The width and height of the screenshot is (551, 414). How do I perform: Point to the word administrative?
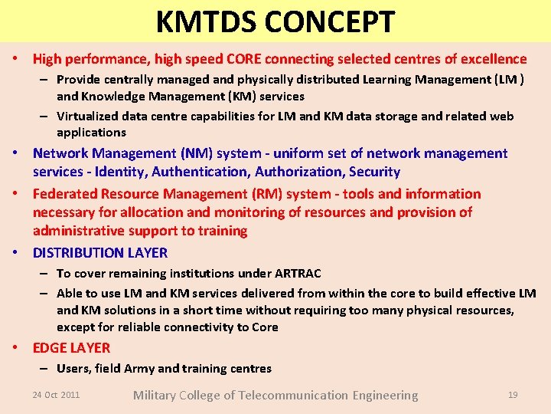(x=80, y=231)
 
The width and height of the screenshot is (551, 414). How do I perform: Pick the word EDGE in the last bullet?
(x=51, y=347)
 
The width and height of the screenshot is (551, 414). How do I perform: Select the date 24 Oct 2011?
(x=56, y=395)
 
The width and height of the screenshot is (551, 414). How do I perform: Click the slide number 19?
(x=513, y=395)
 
